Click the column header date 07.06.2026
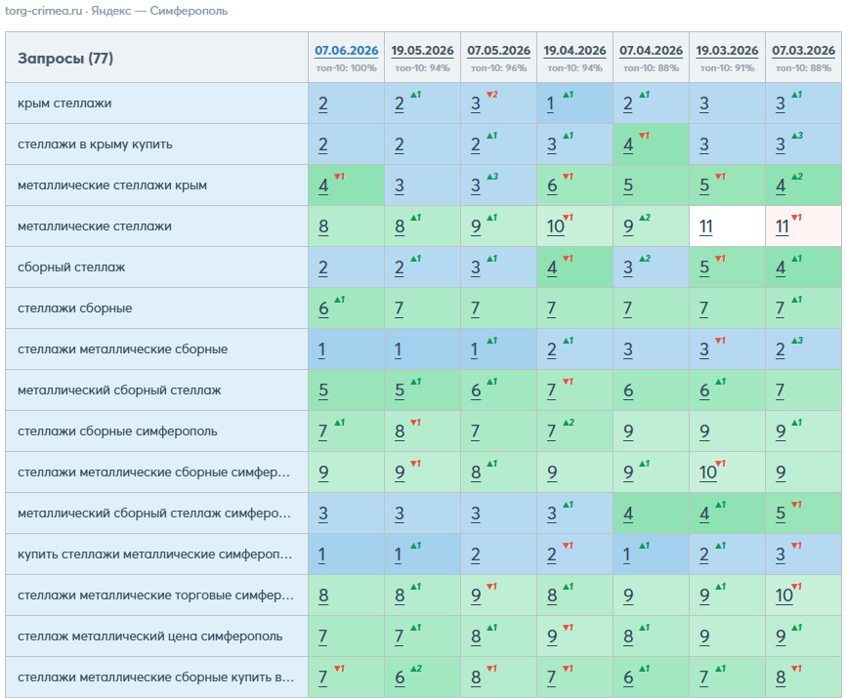tap(347, 50)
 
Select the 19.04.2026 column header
tap(574, 50)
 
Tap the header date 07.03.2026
tap(803, 50)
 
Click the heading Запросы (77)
tap(65, 59)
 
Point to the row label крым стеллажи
tap(64, 103)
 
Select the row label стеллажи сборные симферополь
tap(117, 431)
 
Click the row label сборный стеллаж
tap(71, 267)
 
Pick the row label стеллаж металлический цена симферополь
tap(150, 636)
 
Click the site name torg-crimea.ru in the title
tap(43, 11)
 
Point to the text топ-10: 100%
tap(347, 68)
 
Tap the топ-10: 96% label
tap(498, 68)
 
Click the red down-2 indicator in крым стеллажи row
tap(492, 95)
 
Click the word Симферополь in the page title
tap(189, 11)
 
